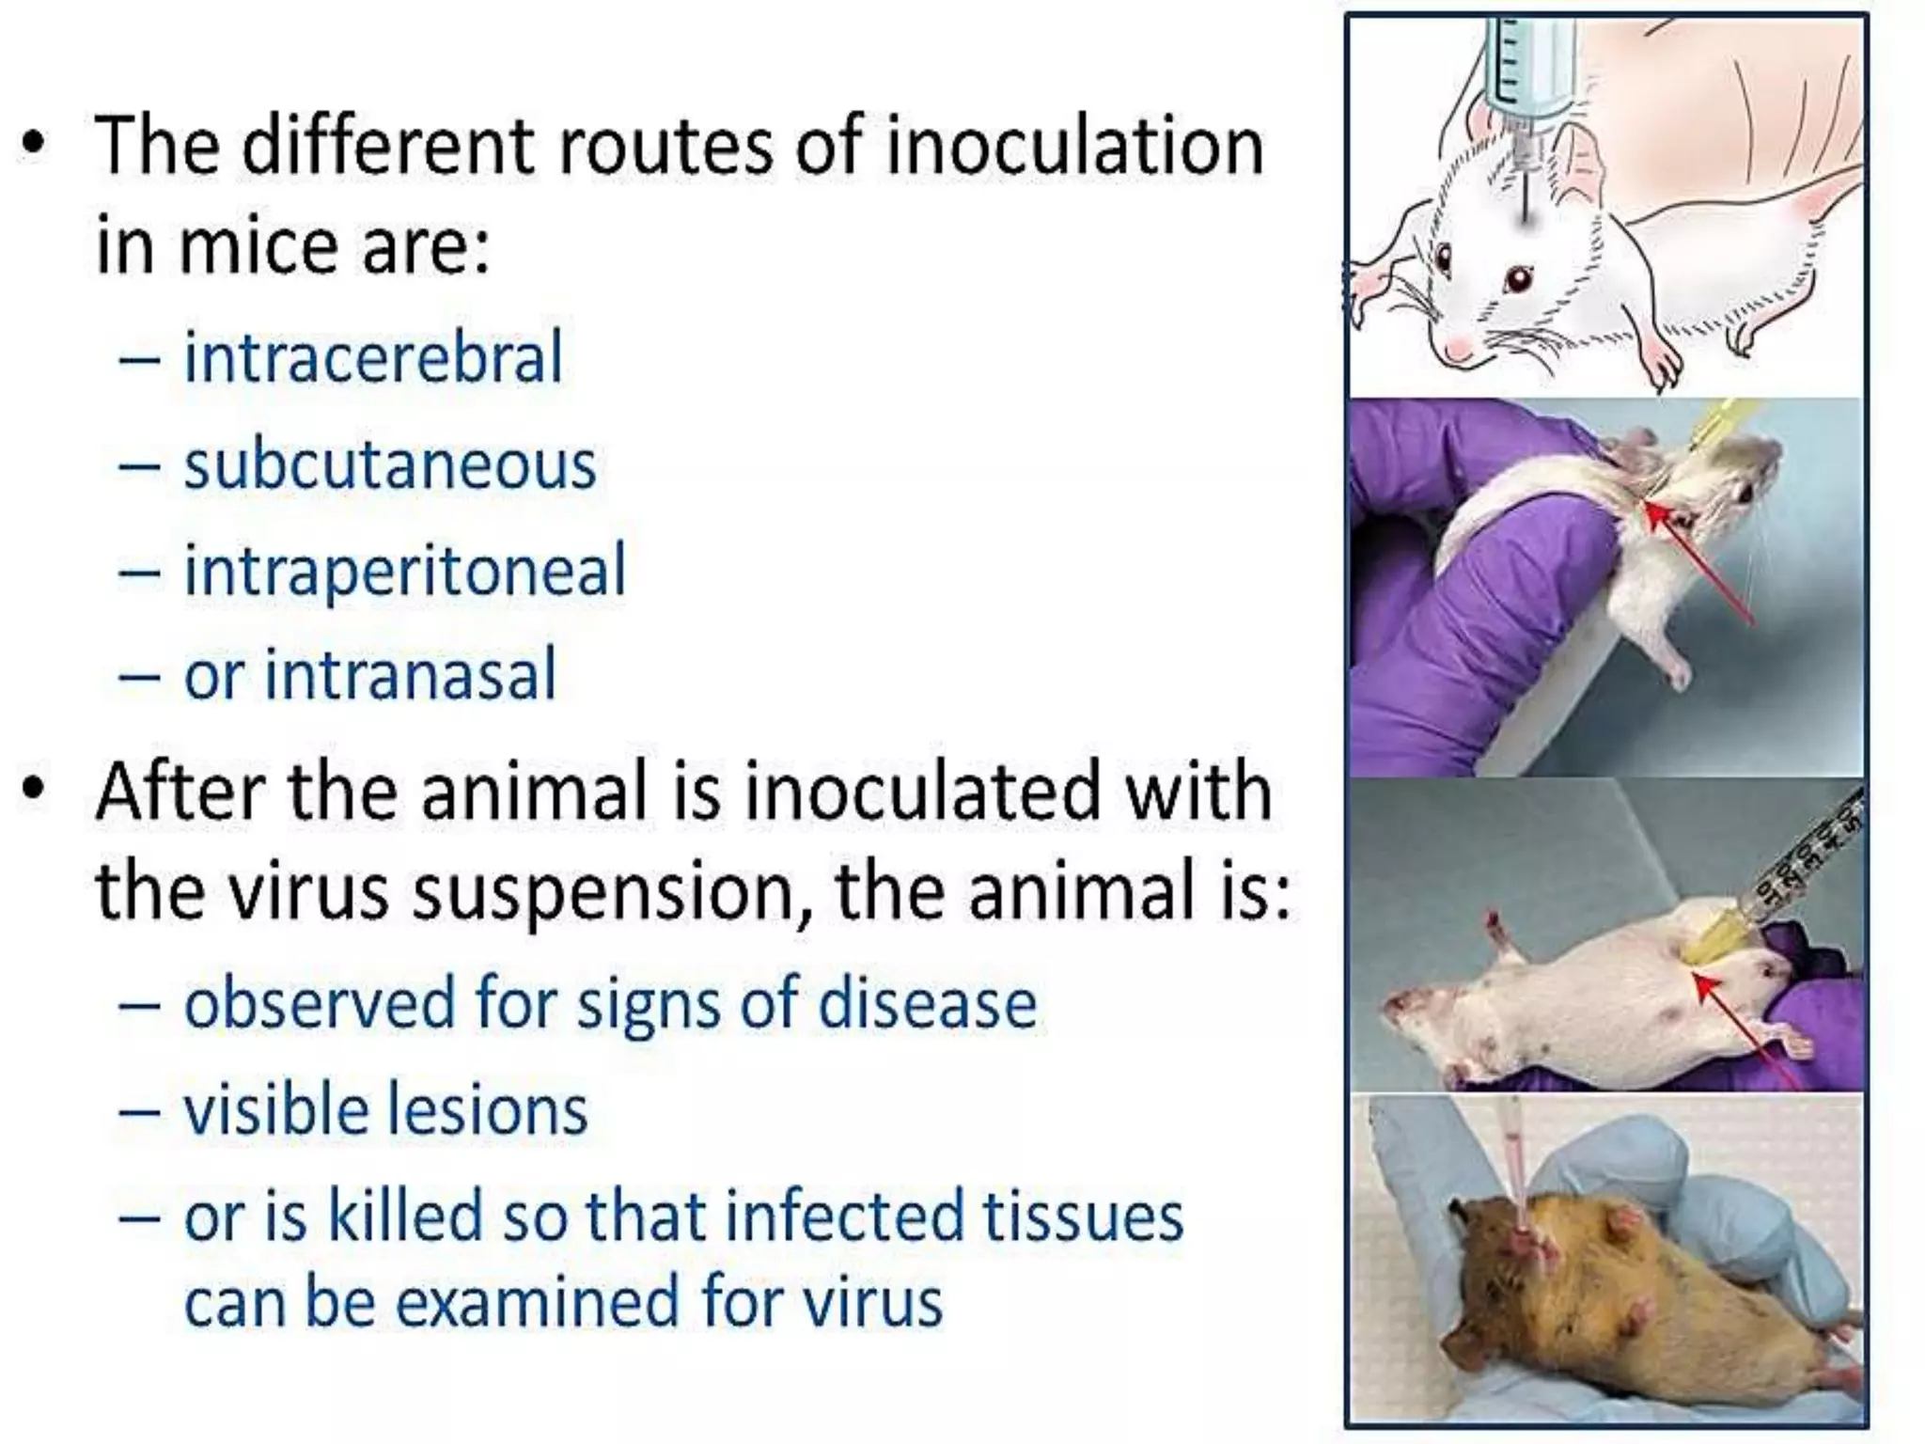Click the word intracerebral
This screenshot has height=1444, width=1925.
372,357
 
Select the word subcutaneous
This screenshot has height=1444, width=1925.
389,464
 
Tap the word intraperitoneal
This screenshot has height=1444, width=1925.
404,571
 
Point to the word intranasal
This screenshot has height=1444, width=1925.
411,675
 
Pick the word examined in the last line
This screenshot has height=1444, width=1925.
538,1302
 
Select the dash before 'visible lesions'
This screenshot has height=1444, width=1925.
138,1112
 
